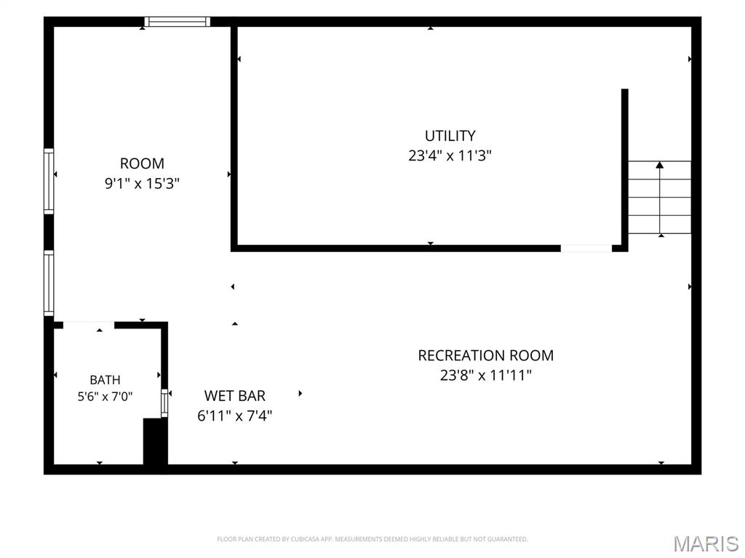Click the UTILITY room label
tap(450, 136)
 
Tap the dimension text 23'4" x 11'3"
tap(450, 155)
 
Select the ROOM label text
tap(142, 163)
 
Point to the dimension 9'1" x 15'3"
tap(142, 183)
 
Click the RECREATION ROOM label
tap(485, 355)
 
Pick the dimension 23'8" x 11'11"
tap(485, 376)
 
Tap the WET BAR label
tap(235, 396)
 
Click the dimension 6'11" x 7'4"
tap(235, 416)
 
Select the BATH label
tap(105, 380)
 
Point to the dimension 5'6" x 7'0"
tap(105, 396)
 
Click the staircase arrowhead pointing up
tap(659, 165)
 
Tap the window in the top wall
tap(178, 21)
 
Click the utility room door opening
tap(586, 248)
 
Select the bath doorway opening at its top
tap(89, 325)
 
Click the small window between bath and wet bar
tap(164, 403)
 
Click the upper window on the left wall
tap(49, 181)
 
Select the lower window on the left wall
tap(49, 283)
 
